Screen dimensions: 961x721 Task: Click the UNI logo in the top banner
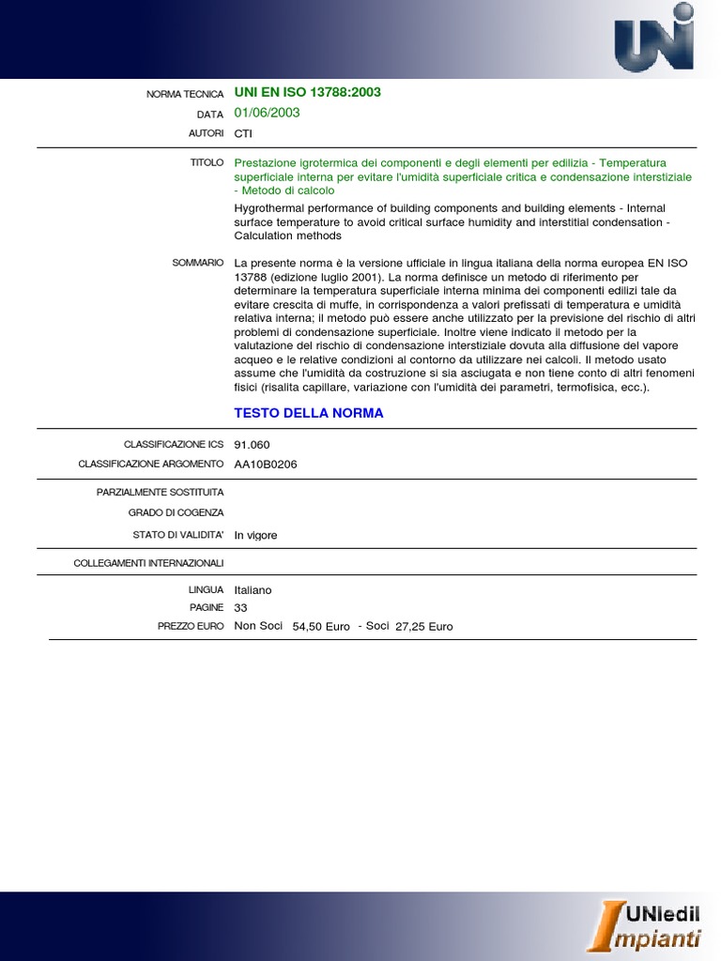pos(654,38)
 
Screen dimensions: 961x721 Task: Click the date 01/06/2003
pos(267,113)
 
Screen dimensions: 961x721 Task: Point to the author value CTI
pos(243,133)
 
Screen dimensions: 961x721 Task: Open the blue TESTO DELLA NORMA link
pos(308,413)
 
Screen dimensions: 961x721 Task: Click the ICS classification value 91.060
pos(252,445)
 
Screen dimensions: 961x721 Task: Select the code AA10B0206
pos(266,464)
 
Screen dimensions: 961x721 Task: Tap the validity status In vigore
pos(255,535)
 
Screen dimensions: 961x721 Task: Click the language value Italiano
pos(253,589)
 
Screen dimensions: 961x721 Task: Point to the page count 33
pos(240,607)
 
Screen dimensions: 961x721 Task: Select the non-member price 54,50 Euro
pos(321,626)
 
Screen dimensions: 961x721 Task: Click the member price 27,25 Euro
pos(423,626)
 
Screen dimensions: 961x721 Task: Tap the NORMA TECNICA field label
pos(185,94)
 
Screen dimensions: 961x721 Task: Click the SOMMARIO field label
pos(197,263)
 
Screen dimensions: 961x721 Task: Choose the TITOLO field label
pos(207,162)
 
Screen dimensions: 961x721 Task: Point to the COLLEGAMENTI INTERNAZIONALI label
pos(148,563)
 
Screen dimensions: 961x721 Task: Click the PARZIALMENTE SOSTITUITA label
pos(160,492)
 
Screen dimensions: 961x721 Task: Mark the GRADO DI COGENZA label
pos(176,512)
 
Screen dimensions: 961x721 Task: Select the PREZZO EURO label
pos(191,625)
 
